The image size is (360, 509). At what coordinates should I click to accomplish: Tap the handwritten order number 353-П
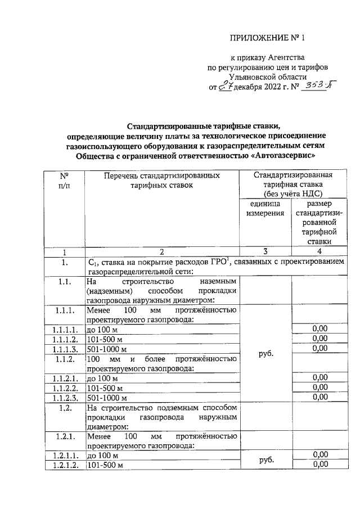(x=316, y=87)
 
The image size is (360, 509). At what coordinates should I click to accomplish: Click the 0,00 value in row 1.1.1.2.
(x=319, y=339)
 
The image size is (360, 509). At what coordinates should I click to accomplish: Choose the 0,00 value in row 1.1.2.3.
(x=319, y=397)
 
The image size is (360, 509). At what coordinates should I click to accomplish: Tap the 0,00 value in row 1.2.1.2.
(x=319, y=464)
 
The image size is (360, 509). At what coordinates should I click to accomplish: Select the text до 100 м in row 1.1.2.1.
(x=102, y=378)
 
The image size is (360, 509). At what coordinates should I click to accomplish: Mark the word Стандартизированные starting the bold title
(x=166, y=125)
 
